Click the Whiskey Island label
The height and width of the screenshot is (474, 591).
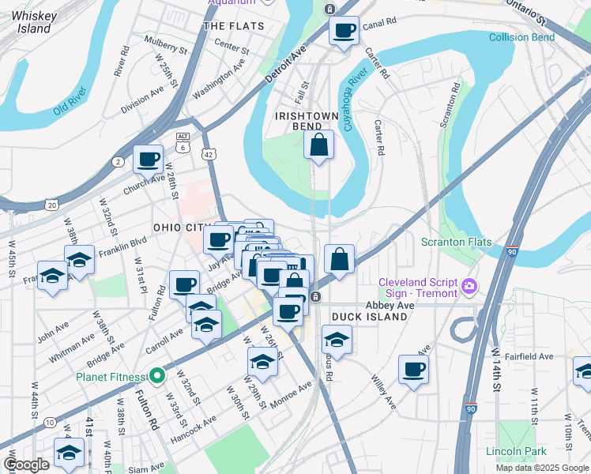point(32,21)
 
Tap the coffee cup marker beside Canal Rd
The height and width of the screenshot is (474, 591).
point(344,32)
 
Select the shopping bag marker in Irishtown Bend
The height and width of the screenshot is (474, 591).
point(318,145)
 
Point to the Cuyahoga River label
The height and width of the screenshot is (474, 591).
point(355,100)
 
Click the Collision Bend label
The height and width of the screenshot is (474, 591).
point(522,37)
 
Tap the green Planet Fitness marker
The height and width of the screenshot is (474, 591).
point(157,376)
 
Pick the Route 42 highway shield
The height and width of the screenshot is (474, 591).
point(209,156)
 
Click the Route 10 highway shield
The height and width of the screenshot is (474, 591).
point(49,423)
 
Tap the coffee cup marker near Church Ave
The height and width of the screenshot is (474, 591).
point(148,159)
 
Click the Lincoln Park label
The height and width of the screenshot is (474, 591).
point(516,452)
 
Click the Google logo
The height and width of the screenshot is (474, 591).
point(25,465)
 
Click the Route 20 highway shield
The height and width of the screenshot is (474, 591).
point(52,205)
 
